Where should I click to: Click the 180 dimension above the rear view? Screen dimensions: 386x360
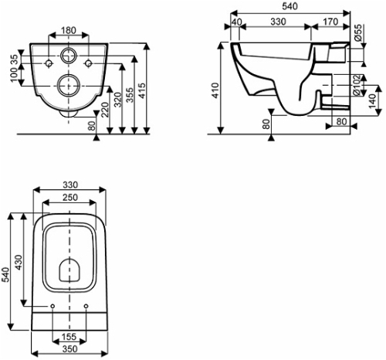click(x=69, y=30)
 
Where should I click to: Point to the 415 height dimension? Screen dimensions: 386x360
click(x=141, y=90)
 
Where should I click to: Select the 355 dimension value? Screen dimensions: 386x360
click(x=130, y=95)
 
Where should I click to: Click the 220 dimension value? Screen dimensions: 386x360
click(x=105, y=110)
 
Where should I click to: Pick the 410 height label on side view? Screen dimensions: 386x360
click(x=215, y=90)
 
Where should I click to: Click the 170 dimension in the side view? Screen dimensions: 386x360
click(x=330, y=22)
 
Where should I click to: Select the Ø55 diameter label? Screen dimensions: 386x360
click(x=357, y=32)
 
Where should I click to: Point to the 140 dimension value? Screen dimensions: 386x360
click(x=371, y=100)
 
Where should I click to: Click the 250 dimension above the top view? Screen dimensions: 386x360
click(x=70, y=197)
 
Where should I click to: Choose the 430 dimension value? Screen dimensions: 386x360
click(x=19, y=263)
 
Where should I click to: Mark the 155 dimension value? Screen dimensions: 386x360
click(x=69, y=336)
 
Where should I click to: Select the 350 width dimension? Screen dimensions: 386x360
click(x=69, y=348)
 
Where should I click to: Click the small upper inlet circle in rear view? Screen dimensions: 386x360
click(x=69, y=55)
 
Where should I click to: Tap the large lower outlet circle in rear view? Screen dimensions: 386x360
click(x=68, y=85)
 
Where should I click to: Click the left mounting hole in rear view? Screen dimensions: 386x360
click(x=49, y=63)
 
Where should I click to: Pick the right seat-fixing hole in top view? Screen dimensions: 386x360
click(x=86, y=306)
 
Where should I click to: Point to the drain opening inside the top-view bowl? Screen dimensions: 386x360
click(x=69, y=270)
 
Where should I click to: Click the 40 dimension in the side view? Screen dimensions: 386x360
click(x=237, y=22)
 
